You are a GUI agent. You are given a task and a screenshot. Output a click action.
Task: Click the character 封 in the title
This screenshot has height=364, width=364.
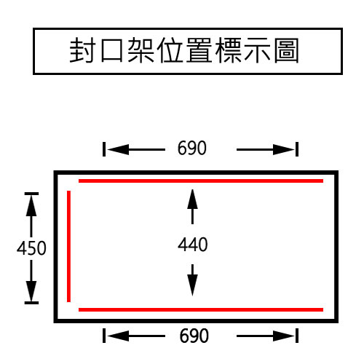[x=82, y=50]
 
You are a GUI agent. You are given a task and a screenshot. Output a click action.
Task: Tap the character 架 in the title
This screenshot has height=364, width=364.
[x=141, y=50]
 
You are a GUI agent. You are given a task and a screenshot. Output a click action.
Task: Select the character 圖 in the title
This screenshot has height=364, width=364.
[x=286, y=50]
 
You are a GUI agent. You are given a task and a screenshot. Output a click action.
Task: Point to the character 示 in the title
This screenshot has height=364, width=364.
[x=257, y=50]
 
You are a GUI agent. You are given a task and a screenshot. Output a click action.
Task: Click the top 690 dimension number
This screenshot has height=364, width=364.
[x=192, y=148]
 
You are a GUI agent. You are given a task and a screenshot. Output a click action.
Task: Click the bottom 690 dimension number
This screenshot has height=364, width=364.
[x=194, y=336]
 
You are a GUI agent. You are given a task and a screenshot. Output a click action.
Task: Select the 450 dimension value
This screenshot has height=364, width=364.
[x=31, y=248]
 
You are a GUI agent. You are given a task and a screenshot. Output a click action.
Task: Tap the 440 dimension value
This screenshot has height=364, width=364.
[x=193, y=245]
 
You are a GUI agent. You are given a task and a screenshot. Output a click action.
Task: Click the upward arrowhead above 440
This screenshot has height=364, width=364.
[x=192, y=199]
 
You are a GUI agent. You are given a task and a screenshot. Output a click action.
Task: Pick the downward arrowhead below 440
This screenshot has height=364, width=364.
[x=192, y=285]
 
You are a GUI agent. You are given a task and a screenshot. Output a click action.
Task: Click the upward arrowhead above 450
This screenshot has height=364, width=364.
[x=31, y=206]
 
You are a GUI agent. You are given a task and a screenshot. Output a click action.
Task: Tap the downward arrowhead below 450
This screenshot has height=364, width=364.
[x=31, y=291]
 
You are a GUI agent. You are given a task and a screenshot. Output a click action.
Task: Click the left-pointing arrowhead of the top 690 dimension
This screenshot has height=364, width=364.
[x=118, y=149]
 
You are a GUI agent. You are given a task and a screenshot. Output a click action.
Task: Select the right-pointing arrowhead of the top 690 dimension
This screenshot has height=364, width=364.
[x=283, y=149]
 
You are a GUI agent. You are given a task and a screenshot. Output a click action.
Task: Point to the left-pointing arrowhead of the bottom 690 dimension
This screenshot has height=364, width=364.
[x=118, y=336]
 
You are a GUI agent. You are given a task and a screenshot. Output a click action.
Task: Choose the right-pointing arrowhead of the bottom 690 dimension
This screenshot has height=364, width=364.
[x=283, y=336]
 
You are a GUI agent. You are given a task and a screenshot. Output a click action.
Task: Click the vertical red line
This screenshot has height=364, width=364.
[x=68, y=246]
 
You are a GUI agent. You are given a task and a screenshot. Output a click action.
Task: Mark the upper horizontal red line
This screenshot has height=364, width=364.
[x=201, y=181]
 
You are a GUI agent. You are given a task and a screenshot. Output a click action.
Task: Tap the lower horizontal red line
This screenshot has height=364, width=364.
[x=201, y=309]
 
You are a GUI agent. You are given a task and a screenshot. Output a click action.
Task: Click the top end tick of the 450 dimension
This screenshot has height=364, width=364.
[x=31, y=194]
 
